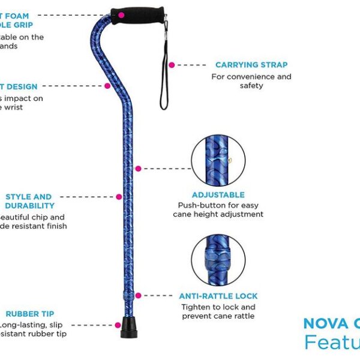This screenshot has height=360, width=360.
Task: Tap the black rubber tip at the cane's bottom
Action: point(126,329)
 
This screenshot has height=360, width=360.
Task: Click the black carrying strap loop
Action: point(163,78)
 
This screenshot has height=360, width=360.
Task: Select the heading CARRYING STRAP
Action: point(251,65)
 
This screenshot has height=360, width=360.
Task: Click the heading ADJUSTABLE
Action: point(218,195)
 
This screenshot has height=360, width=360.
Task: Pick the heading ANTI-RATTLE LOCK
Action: point(218,296)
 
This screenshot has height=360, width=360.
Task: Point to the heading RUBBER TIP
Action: point(30,314)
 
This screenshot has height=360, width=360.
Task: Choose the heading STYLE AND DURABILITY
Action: point(29,201)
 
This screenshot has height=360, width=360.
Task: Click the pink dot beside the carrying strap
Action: point(171,65)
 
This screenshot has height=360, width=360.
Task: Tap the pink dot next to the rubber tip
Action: point(118,325)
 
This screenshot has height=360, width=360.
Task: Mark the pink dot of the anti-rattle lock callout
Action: point(138,296)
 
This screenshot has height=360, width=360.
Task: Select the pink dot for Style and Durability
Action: point(118,196)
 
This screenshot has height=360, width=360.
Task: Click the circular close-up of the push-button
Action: point(218,160)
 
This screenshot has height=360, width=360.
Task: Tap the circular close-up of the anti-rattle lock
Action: point(218,260)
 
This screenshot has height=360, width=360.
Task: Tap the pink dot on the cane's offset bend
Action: point(107,86)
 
